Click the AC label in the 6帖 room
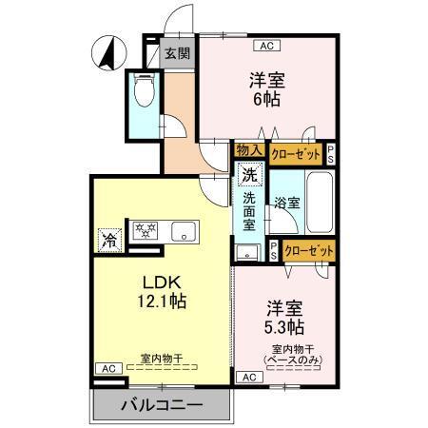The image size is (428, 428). click(x=265, y=45)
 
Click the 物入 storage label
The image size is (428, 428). click(x=249, y=150)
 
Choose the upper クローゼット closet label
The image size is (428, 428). click(x=296, y=151)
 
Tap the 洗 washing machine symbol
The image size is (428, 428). click(x=249, y=175)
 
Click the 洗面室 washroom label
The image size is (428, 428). click(x=249, y=213)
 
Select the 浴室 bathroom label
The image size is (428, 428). click(x=286, y=203)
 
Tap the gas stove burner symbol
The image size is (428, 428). click(x=146, y=231)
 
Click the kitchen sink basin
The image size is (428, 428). click(x=183, y=231)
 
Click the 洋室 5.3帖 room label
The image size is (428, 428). click(x=284, y=318)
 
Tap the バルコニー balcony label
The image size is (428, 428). click(x=162, y=404)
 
